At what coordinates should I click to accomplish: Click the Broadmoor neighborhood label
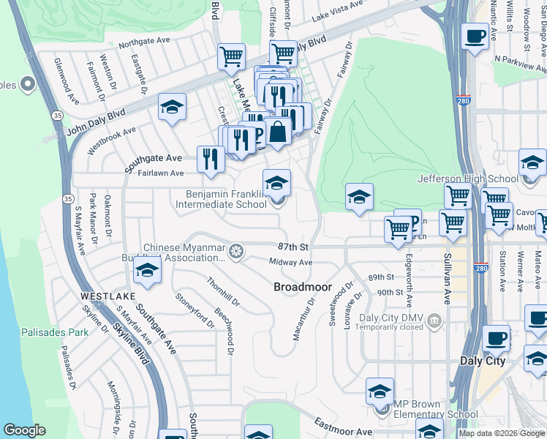point(303,288)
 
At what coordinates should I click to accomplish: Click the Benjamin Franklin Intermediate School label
point(222,199)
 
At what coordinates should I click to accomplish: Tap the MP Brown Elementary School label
point(437,409)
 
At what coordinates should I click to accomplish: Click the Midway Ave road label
point(290,262)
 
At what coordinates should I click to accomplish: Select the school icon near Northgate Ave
point(173,108)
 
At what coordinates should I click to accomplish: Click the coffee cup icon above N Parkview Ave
point(475,37)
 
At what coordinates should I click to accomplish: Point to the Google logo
point(23,430)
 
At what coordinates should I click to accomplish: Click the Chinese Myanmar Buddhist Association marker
point(235,252)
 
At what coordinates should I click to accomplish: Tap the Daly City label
point(483,361)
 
